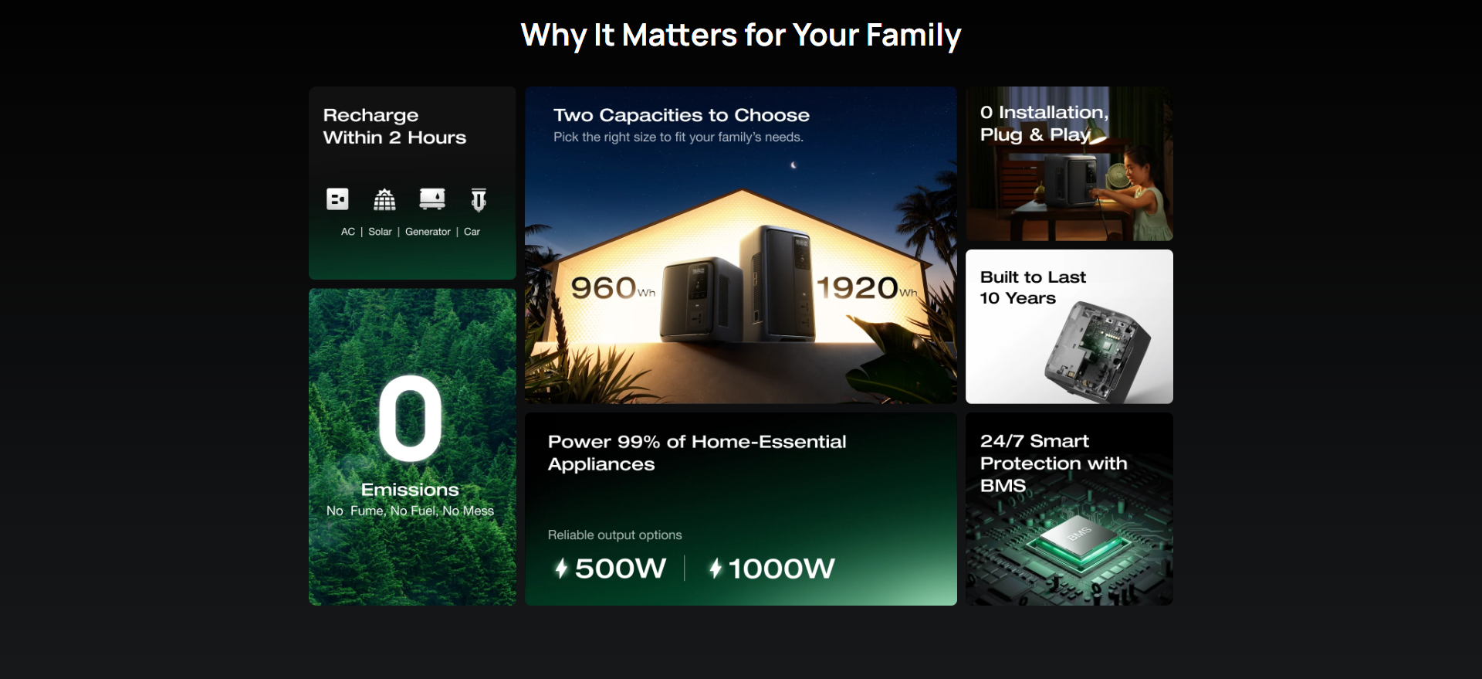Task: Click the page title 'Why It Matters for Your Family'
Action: click(x=741, y=36)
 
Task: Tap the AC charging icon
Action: click(x=337, y=199)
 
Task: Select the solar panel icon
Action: click(x=384, y=199)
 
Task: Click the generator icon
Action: click(x=432, y=199)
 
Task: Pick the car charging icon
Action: click(x=479, y=200)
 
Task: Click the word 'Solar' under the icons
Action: click(x=380, y=232)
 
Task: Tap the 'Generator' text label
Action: click(x=428, y=232)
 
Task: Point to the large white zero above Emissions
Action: click(x=411, y=418)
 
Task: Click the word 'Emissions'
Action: click(x=410, y=490)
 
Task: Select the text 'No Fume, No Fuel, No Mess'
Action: click(x=410, y=511)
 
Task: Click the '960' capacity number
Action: click(x=604, y=288)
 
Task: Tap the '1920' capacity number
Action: click(x=858, y=288)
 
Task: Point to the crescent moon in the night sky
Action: click(x=793, y=165)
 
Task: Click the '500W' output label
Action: click(x=621, y=569)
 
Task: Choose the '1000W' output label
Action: click(x=781, y=569)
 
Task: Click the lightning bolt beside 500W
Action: click(x=561, y=569)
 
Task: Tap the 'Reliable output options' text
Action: click(x=615, y=535)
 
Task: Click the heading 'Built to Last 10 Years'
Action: click(x=1033, y=287)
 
